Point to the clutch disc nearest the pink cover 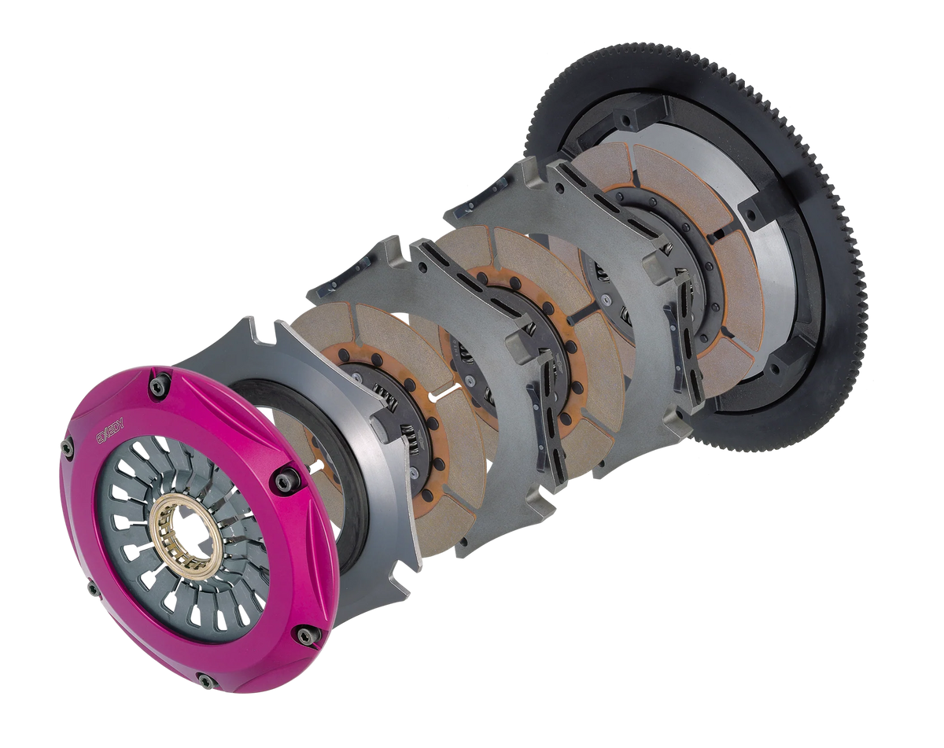pos(330,330)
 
